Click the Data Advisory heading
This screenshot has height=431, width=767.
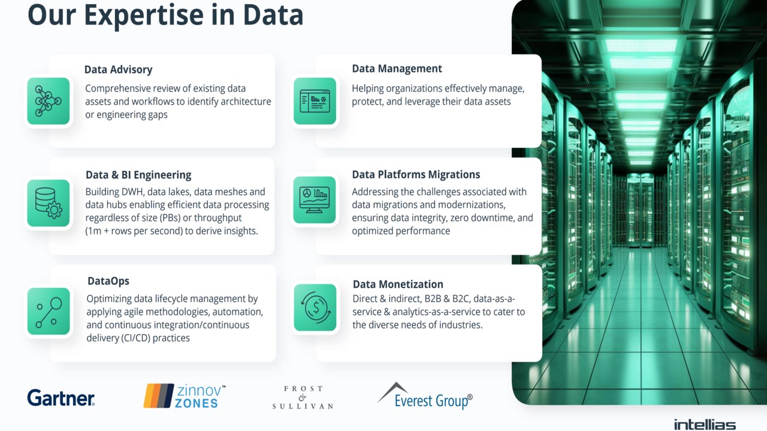[118, 69]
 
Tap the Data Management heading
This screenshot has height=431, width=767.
[397, 69]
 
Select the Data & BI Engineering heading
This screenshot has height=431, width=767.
[138, 175]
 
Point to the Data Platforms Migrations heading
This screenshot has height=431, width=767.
[416, 174]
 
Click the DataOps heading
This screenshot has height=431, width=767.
[108, 281]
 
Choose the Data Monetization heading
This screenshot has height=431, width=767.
[398, 284]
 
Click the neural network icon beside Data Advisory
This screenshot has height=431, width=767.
[49, 101]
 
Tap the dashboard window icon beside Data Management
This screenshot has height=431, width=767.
[315, 101]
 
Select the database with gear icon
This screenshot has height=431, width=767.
[49, 203]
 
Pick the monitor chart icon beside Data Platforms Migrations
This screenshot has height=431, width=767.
[315, 200]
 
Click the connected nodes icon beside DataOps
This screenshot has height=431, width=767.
[49, 311]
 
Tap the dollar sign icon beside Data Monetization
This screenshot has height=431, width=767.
[315, 307]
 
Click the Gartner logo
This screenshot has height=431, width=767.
[61, 397]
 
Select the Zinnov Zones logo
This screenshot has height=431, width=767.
[185, 396]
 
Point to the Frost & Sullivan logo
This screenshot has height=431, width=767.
[303, 397]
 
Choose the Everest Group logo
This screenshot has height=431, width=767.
[425, 396]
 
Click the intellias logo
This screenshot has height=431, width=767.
[705, 424]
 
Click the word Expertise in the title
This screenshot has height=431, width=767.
[143, 16]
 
